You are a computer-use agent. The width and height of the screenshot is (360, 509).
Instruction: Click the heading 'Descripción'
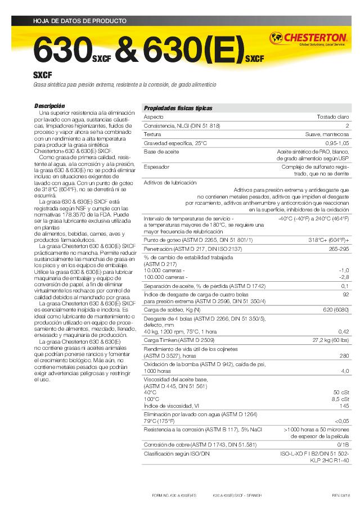[49, 106]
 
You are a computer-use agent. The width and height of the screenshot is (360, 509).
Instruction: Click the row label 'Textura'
[152, 135]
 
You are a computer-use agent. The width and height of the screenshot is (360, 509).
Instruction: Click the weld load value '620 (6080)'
[336, 310]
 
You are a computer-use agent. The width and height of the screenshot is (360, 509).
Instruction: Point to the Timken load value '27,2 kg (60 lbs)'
[330, 340]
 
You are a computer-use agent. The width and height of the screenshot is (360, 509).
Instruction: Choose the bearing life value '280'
[344, 355]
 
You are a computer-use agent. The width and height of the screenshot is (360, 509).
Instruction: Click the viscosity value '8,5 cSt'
[340, 399]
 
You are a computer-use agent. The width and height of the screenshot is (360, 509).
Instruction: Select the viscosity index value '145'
[344, 406]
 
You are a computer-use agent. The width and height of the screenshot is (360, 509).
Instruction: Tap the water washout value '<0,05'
[341, 420]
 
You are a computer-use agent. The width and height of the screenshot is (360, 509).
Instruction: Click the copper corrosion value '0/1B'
[343, 445]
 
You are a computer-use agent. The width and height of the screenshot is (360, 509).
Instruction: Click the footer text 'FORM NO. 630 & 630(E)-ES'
[174, 496]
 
